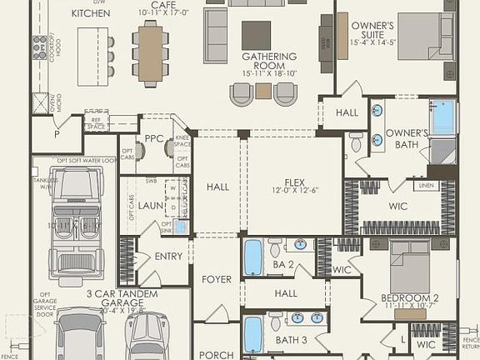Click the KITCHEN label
coord(91,13)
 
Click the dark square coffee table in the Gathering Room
coord(256,35)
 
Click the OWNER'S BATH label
coord(407,138)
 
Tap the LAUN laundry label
coord(152,204)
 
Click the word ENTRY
coord(168,256)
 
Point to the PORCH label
coord(217,355)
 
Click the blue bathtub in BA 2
coord(253,257)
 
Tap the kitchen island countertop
coord(93,56)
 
